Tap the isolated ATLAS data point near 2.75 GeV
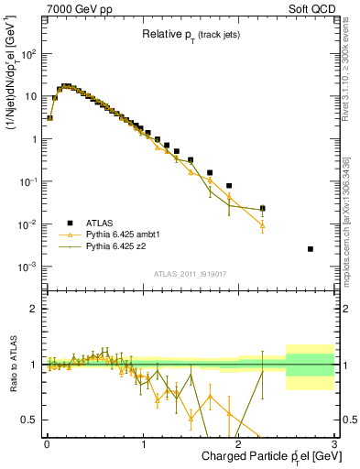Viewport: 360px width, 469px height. [x=311, y=249]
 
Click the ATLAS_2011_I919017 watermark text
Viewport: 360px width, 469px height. [x=190, y=273]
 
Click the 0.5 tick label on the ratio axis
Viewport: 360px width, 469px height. [x=30, y=420]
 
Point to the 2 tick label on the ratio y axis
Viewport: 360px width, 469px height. [x=34, y=309]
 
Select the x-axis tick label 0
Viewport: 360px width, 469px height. [x=47, y=442]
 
